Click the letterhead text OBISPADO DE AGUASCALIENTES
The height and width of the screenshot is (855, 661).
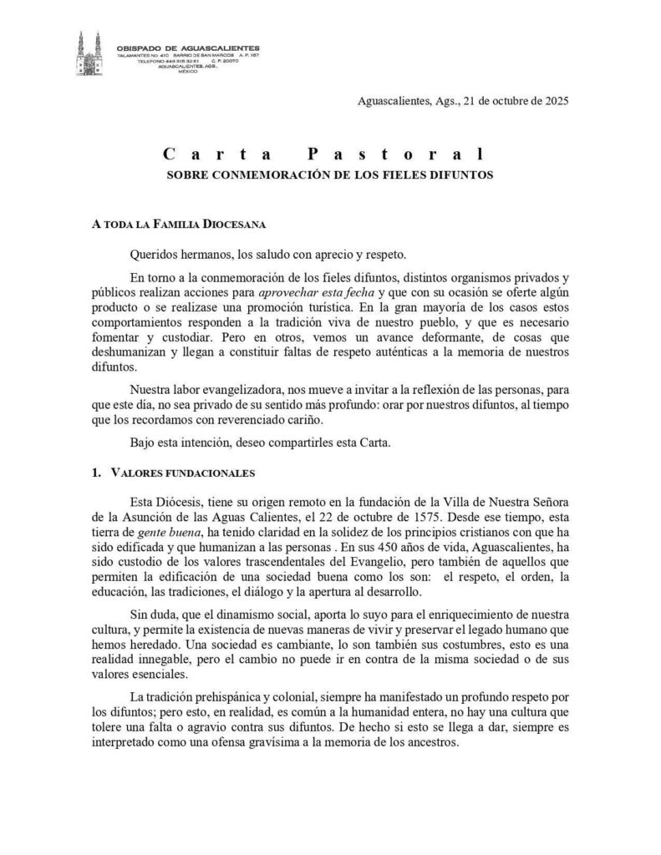point(188,48)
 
